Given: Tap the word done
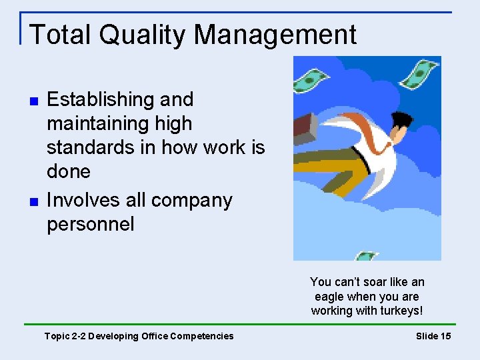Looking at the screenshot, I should tap(69, 171).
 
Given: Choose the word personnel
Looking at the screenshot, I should tap(91, 224).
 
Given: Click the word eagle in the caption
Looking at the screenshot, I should tap(330, 297).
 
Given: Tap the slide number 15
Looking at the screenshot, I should tap(445, 336).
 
